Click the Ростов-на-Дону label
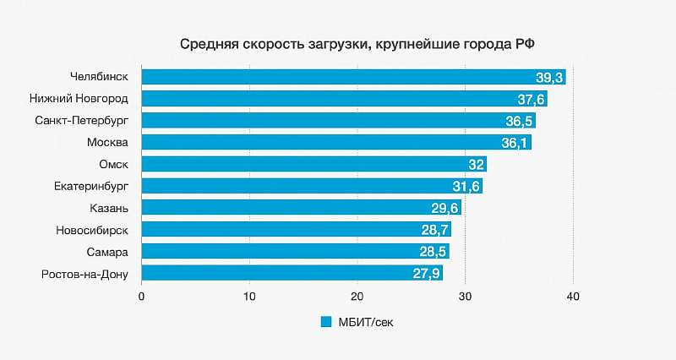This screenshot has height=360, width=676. [x=84, y=273]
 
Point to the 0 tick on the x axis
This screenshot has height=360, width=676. [x=142, y=296]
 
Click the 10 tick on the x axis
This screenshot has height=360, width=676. [x=249, y=296]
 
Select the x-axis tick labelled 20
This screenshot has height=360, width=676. [x=357, y=296]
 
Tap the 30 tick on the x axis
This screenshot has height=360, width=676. [x=466, y=296]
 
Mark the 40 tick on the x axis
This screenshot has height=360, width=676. [x=574, y=296]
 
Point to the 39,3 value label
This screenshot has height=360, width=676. [x=549, y=78]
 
